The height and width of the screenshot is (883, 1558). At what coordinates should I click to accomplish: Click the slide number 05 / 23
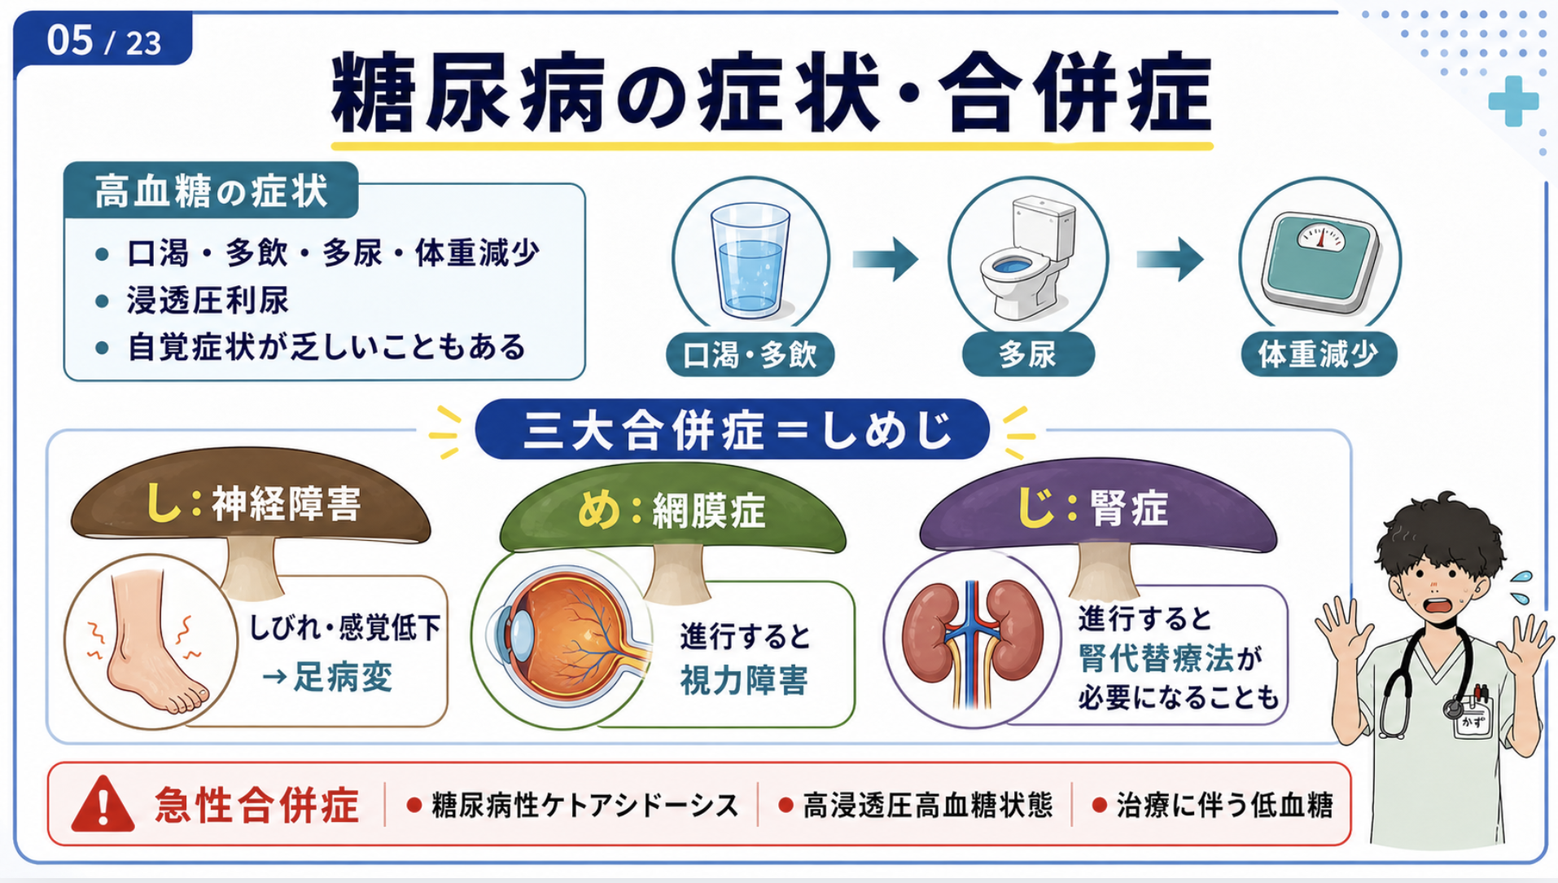click(x=104, y=40)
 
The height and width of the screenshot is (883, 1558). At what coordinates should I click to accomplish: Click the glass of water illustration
click(x=750, y=258)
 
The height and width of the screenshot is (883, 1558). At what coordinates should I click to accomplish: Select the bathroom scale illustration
click(x=1319, y=261)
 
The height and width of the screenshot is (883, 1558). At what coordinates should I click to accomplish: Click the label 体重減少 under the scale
click(x=1318, y=354)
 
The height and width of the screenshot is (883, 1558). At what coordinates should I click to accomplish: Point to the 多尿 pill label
click(x=1028, y=354)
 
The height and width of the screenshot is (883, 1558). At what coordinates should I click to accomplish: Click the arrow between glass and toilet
click(x=886, y=259)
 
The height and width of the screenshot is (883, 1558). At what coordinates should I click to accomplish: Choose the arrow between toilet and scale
click(x=1170, y=259)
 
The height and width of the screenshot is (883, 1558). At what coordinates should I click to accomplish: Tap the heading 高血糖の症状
click(x=212, y=191)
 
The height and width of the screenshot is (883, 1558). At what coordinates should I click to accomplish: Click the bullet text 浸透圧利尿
click(x=208, y=301)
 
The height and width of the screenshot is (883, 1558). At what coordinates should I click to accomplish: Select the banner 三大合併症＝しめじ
click(x=733, y=429)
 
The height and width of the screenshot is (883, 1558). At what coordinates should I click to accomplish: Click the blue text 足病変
click(x=343, y=677)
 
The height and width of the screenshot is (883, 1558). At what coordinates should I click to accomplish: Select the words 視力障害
click(x=743, y=680)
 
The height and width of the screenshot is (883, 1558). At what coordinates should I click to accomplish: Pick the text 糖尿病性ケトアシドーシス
click(x=584, y=806)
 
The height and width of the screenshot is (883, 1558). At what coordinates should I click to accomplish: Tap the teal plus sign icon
click(x=1513, y=102)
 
